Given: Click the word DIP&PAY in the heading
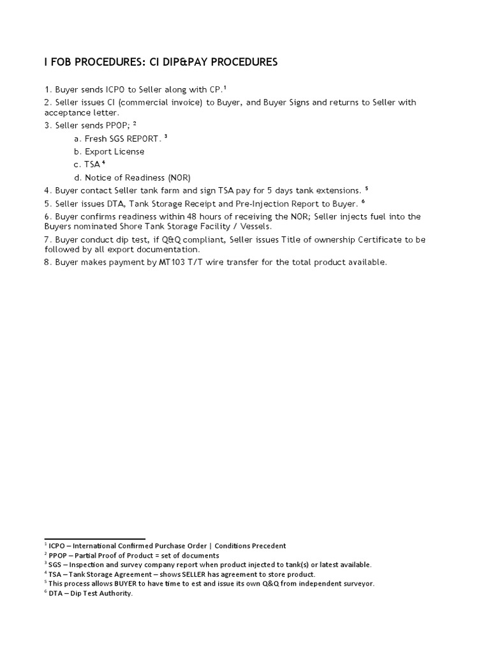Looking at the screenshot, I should pyautogui.click(x=174, y=62).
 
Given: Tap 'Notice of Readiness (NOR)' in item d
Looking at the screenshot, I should pyautogui.click(x=138, y=178).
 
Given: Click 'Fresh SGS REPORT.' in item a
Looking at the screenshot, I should pyautogui.click(x=123, y=139).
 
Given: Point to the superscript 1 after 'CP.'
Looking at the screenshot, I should pyautogui.click(x=225, y=87).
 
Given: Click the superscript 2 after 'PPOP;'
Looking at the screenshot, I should pyautogui.click(x=135, y=123).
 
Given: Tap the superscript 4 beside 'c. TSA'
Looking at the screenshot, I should pyautogui.click(x=103, y=162).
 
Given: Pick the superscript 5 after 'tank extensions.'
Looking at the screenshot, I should pyautogui.click(x=367, y=188).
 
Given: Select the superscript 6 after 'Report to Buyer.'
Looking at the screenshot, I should pyautogui.click(x=363, y=202).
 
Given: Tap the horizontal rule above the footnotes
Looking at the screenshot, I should pyautogui.click(x=94, y=539).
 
